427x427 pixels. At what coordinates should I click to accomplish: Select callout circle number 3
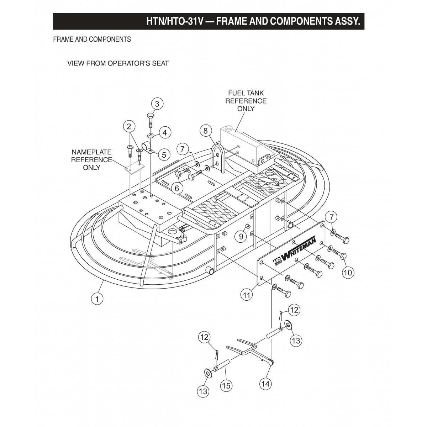(157, 104)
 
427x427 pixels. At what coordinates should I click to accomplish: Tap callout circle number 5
(164, 155)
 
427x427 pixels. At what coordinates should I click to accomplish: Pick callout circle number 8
(205, 131)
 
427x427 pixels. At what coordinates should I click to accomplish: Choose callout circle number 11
(248, 294)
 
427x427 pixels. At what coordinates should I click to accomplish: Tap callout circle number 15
(226, 385)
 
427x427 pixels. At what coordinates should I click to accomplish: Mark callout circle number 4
(164, 133)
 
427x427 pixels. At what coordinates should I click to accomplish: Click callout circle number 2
(129, 126)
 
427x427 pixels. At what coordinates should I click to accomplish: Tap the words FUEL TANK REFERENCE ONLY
(246, 101)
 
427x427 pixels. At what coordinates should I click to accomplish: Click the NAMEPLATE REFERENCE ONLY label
(91, 160)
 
